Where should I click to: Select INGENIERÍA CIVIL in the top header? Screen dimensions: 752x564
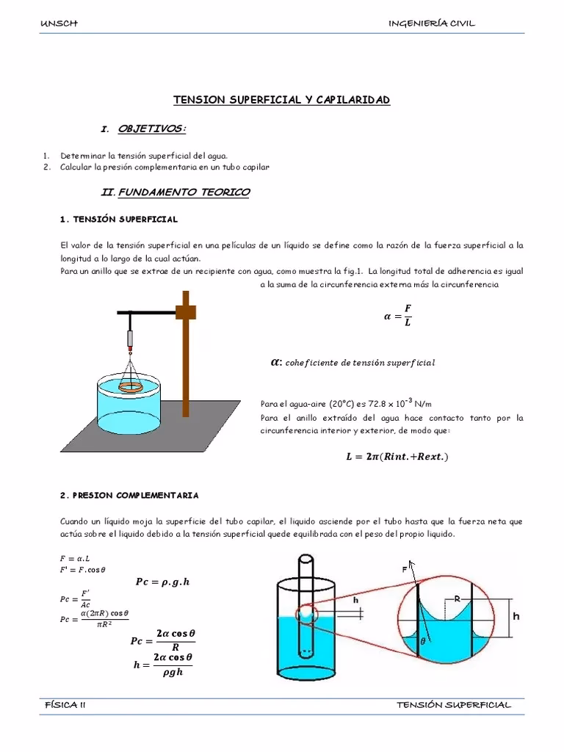(x=431, y=23)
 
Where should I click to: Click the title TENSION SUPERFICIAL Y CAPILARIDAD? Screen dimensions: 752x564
(x=281, y=99)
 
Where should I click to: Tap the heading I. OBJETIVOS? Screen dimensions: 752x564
(x=143, y=129)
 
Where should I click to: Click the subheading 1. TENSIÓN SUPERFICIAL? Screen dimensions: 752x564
(x=118, y=220)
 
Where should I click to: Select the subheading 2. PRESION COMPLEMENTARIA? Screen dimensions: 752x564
(x=129, y=496)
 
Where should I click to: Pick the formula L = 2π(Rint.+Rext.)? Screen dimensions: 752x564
(x=397, y=457)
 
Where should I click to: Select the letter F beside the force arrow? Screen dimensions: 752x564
(x=404, y=568)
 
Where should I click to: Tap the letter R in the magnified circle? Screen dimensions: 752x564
(x=456, y=599)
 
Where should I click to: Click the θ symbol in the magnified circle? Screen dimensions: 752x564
(x=422, y=640)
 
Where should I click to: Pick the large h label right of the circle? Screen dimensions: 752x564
(x=516, y=616)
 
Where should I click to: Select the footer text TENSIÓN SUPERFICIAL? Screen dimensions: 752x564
(x=453, y=704)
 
